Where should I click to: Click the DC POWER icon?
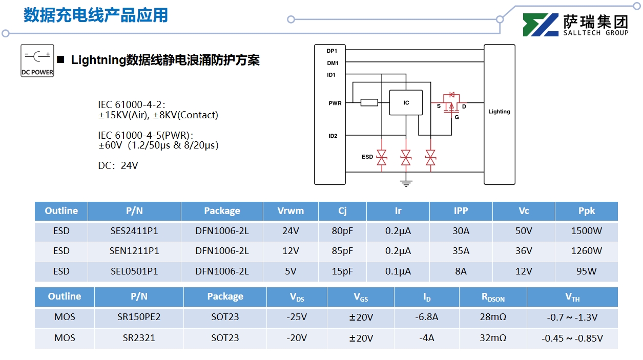(37, 60)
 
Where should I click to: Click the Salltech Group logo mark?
(541, 25)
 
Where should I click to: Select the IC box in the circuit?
(406, 102)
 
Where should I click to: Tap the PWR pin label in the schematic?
(335, 103)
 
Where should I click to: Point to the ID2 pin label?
(333, 136)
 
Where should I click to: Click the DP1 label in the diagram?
(332, 51)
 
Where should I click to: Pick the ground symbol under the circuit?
(406, 183)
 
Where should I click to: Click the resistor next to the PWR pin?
(369, 103)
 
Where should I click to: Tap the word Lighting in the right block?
(499, 112)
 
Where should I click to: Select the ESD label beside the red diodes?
(367, 157)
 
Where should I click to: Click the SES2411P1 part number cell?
(134, 231)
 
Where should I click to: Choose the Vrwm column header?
(291, 211)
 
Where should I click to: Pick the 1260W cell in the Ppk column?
(586, 251)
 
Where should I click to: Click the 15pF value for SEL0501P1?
(342, 271)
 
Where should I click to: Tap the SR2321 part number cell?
(139, 338)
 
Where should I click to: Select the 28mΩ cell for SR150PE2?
(493, 317)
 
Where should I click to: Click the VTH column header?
(572, 297)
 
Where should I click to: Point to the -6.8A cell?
(427, 317)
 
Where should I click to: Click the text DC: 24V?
(118, 166)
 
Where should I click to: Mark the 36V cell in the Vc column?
(524, 251)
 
